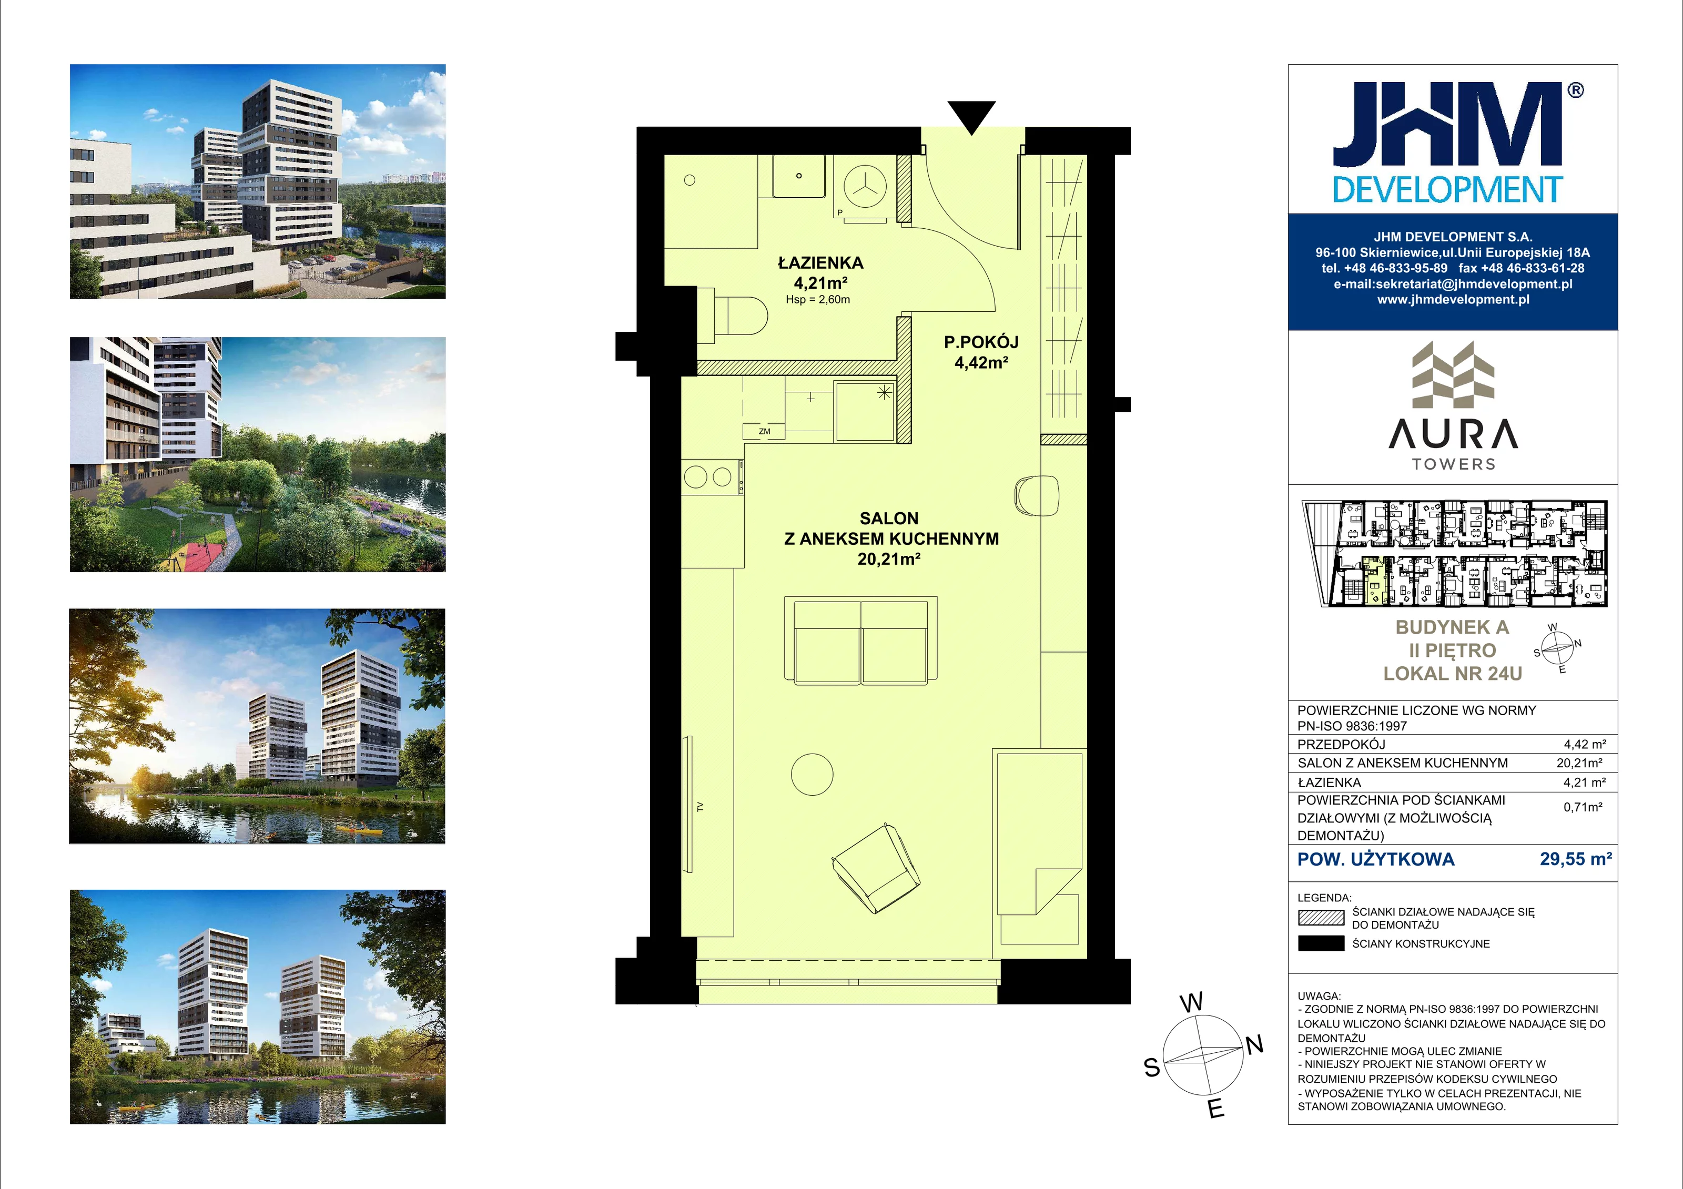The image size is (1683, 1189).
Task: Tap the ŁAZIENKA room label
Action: pos(820,262)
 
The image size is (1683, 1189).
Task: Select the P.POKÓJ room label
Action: pos(981,342)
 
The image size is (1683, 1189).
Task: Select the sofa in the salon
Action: pos(860,641)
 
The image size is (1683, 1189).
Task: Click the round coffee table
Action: pos(812,774)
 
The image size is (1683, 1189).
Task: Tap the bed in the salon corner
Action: pos(1039,847)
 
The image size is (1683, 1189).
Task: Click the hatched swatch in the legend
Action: pos(1321,918)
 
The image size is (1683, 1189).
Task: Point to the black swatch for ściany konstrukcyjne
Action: pos(1321,943)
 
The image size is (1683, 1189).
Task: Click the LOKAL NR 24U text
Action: pos(1452,674)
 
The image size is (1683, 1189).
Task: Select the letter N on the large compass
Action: pos(1254,1044)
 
